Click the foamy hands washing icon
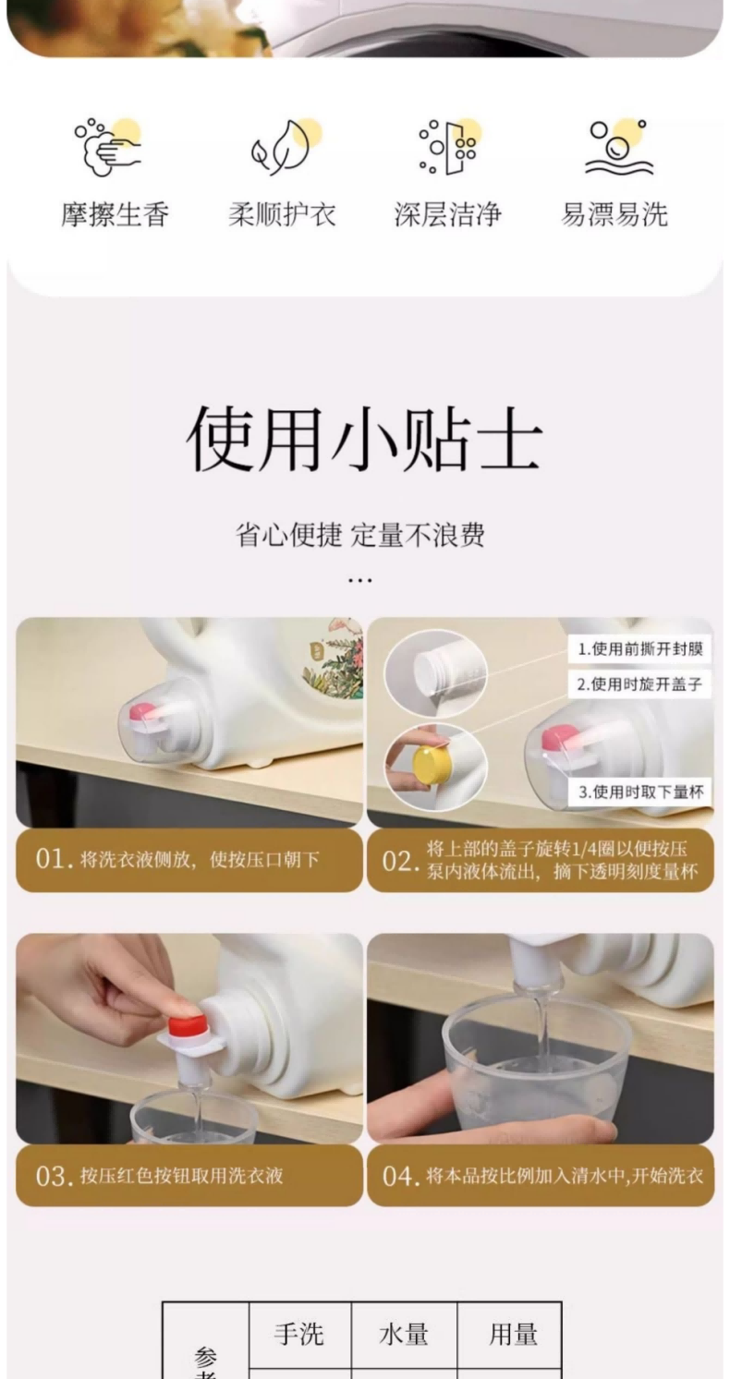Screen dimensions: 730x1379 coord(108,147)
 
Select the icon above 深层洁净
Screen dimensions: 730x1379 coord(449,147)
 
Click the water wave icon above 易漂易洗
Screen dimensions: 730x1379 coord(618,147)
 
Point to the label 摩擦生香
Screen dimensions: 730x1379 coord(115,215)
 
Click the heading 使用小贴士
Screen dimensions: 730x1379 coord(364,439)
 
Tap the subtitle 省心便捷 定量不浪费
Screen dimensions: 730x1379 coord(359,535)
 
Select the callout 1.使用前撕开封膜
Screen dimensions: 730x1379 coord(640,649)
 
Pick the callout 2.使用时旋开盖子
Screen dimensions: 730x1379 coord(639,684)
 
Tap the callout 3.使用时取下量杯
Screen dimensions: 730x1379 coord(640,792)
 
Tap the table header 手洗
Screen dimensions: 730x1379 coord(298,1334)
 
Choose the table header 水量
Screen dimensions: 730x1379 coord(404,1334)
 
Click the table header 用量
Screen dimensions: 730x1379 coord(513,1334)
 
